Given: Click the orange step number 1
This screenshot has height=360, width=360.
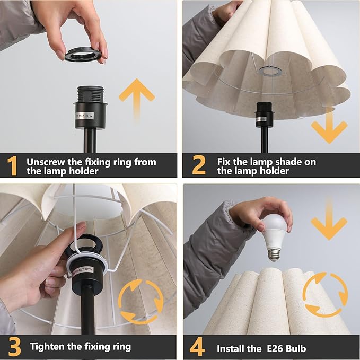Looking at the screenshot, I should tap(13, 166).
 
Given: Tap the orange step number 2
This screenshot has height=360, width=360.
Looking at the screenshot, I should tap(198, 166).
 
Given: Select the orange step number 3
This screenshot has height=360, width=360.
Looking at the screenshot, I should tap(14, 347).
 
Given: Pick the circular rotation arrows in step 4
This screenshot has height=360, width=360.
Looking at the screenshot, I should tap(325, 294).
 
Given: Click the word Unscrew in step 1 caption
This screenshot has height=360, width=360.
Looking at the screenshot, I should tap(47, 162).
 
